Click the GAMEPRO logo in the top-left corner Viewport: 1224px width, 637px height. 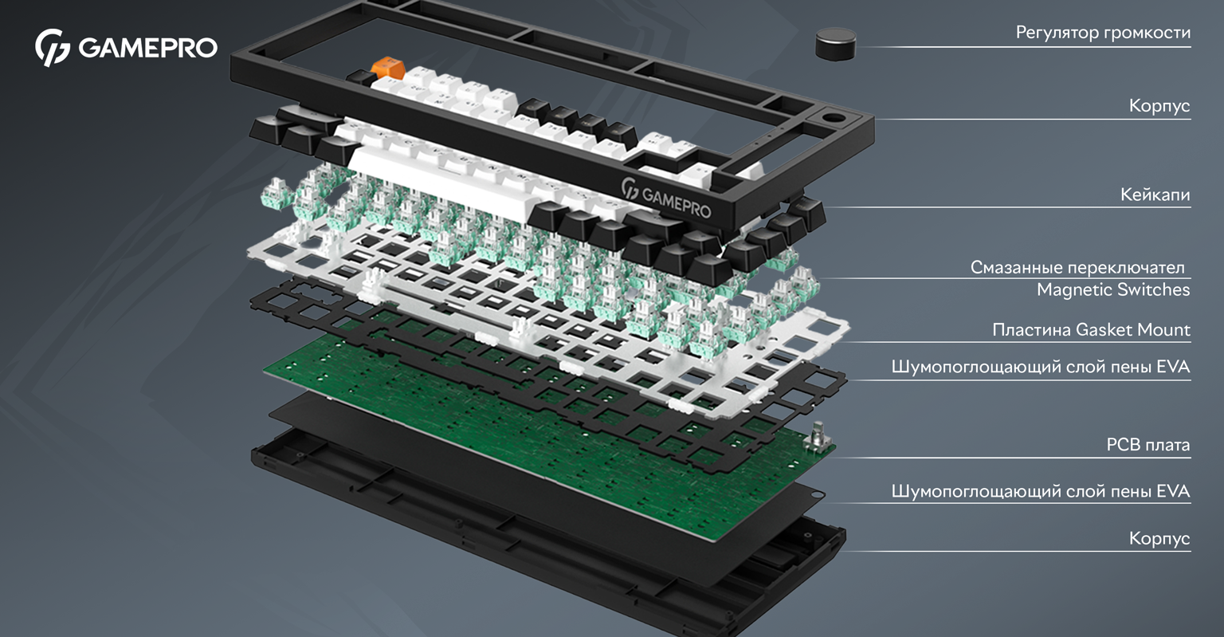point(126,48)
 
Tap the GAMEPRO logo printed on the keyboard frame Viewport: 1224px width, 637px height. point(667,199)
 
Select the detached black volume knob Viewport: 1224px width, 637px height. point(835,44)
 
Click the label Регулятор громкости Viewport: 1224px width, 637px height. point(1103,33)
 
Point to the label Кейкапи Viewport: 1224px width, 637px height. point(1155,194)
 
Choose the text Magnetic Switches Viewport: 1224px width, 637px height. point(1113,289)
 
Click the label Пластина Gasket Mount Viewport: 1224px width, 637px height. point(1091,330)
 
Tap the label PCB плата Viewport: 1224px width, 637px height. point(1148,445)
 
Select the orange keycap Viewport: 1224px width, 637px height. point(388,69)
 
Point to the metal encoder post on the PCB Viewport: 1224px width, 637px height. point(818,437)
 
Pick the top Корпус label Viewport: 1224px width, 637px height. point(1159,105)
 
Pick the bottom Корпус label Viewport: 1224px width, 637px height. point(1159,539)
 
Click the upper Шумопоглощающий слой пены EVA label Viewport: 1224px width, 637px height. point(1041,367)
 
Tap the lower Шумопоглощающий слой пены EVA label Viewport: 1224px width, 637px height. point(1041,491)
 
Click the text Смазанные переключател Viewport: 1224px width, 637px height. point(1077,267)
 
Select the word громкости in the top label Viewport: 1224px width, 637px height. point(1147,33)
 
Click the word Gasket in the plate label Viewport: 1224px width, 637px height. point(1104,330)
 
